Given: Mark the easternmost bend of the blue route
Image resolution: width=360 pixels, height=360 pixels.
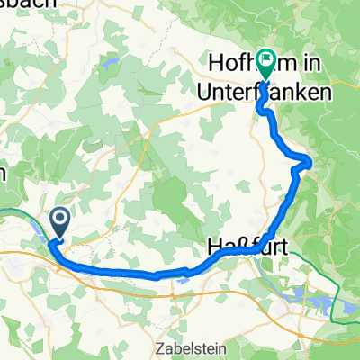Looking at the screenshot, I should pos(310,162).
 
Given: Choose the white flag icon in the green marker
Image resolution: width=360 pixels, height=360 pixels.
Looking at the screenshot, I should pos(266,58).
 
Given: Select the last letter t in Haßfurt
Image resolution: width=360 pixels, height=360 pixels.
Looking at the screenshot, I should pos(272,245).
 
